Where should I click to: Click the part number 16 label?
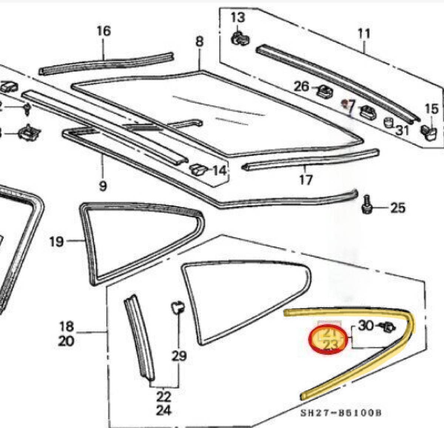pos(104,31)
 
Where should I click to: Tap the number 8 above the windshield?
pos(199,41)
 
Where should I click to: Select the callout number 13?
pos(238,17)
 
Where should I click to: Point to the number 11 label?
pos(364,34)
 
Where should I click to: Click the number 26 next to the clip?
pos(302,87)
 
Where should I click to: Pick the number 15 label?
pos(431,109)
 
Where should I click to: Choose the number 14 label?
pos(219,171)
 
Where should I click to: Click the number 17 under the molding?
pos(306,180)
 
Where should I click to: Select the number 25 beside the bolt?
pos(397,208)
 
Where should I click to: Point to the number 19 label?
pos(56,242)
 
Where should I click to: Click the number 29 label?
pos(179,356)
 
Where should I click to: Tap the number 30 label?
pos(366,326)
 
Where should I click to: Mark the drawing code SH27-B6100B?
pos(340,413)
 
